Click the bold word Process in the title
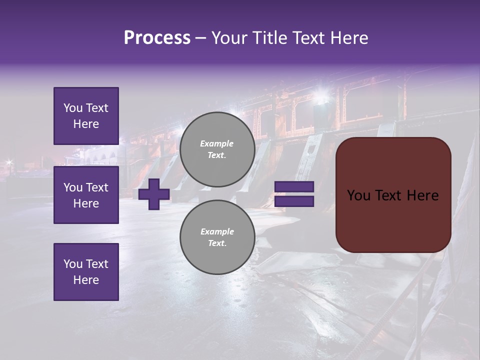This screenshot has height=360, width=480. pyautogui.click(x=157, y=38)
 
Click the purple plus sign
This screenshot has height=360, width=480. pyautogui.click(x=154, y=194)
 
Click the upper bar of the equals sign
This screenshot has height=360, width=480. pyautogui.click(x=294, y=187)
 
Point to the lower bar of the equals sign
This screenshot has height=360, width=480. pyautogui.click(x=294, y=201)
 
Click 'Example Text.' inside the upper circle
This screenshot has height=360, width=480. pyautogui.click(x=217, y=149)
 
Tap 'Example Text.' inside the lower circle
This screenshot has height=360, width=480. pyautogui.click(x=217, y=237)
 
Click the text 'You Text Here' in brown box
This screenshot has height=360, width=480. pyautogui.click(x=393, y=195)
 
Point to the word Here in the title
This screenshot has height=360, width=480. pyautogui.click(x=349, y=38)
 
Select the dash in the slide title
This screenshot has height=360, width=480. pyautogui.click(x=200, y=38)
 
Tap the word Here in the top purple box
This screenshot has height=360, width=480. pyautogui.click(x=86, y=124)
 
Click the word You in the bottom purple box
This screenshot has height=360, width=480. pyautogui.click(x=73, y=263)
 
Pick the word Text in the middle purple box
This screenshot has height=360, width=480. pyautogui.click(x=96, y=187)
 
